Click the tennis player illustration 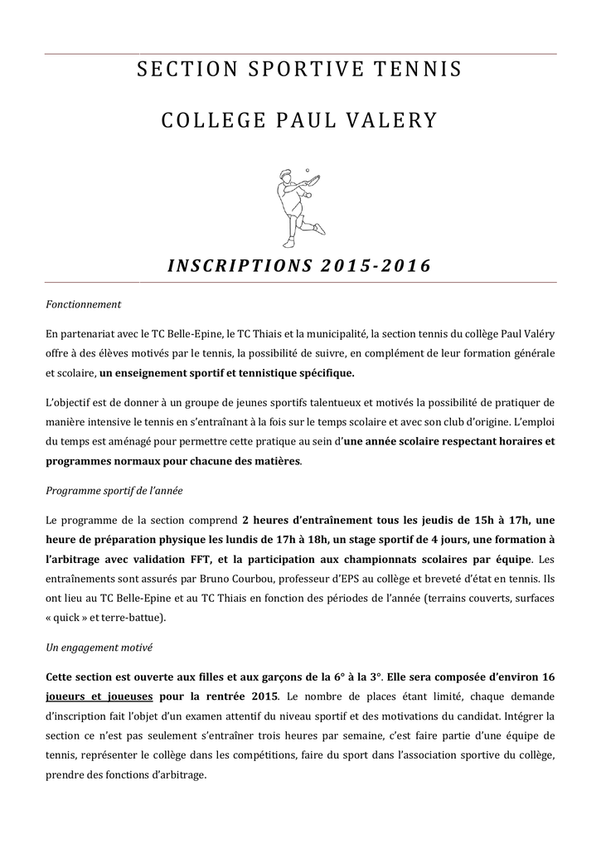tap(296, 207)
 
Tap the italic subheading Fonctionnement tap(84, 304)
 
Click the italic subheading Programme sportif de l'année tap(114, 491)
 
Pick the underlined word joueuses tap(128, 695)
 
